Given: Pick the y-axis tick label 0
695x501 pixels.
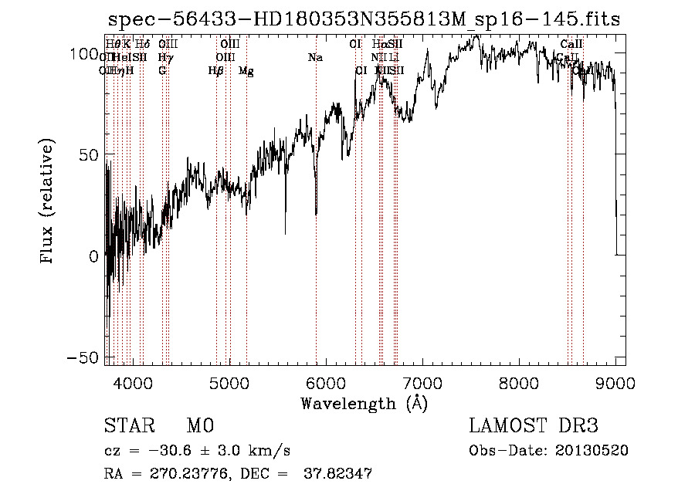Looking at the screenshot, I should click(x=94, y=256).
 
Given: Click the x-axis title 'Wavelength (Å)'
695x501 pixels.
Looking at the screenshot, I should click(x=364, y=403).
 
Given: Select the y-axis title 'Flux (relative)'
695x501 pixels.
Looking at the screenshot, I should click(x=48, y=201).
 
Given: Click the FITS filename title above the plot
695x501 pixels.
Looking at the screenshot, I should click(x=363, y=19).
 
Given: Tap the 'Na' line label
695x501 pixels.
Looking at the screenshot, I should click(x=315, y=57).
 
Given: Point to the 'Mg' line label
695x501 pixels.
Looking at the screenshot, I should click(x=246, y=71).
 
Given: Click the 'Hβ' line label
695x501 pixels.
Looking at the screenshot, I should click(x=216, y=71).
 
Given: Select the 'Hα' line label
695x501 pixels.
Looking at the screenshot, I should click(x=378, y=44).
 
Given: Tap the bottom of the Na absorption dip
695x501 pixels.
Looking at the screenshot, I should click(x=316, y=213).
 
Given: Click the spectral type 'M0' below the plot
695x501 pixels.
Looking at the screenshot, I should click(x=199, y=426).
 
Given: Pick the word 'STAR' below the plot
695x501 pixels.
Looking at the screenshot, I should click(x=129, y=426).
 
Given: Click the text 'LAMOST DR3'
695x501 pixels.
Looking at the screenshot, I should click(x=534, y=426).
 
